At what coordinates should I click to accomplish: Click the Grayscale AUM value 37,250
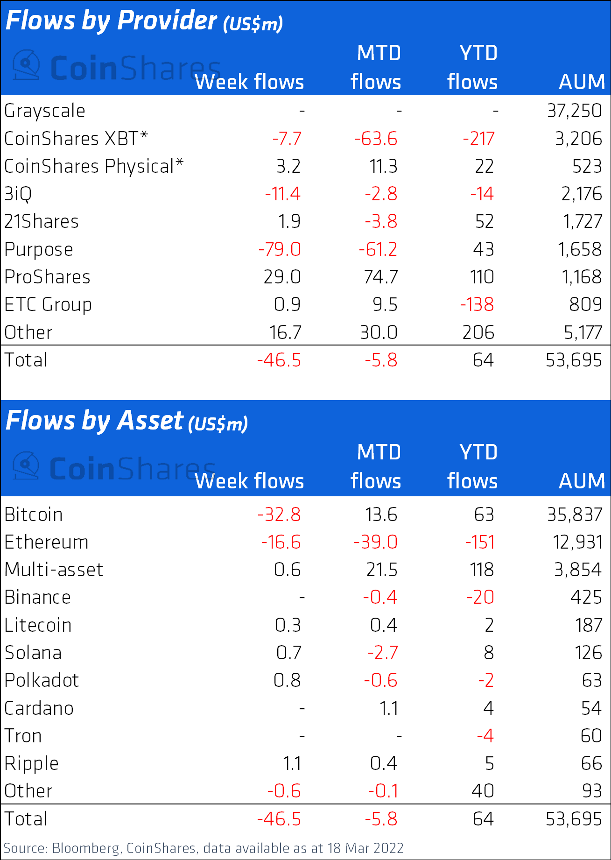coord(574,111)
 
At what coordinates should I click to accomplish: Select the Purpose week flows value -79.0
coord(280,249)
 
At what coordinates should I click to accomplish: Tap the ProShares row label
coord(47,277)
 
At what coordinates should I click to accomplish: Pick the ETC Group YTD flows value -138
coord(477,304)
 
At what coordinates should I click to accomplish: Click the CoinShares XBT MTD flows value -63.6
coord(376,139)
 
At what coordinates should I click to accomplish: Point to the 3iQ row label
coord(18,194)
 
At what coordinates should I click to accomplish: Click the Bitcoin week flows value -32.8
coord(279,515)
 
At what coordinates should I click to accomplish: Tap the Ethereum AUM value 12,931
coord(577,542)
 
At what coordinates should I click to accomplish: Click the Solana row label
coord(33,653)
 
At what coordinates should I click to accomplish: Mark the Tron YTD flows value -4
coord(485,736)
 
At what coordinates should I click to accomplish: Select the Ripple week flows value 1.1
coord(292,763)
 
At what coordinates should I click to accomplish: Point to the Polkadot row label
coord(42,680)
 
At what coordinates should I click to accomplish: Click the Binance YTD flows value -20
coord(480,597)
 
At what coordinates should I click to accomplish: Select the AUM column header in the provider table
coord(582,82)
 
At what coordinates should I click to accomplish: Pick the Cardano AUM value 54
coord(591,708)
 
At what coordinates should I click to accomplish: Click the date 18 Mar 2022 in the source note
coord(365,848)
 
